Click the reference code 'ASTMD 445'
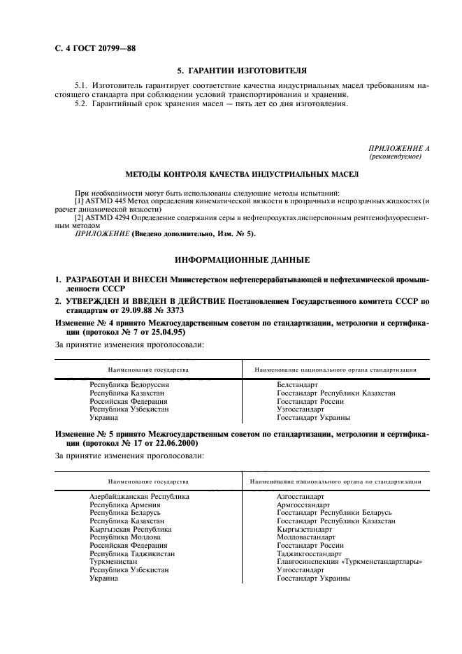pyautogui.click(x=102, y=201)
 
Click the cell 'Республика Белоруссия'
pyautogui.click(x=129, y=385)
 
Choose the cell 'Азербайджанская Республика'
pyautogui.click(x=140, y=497)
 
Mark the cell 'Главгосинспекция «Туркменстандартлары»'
pyautogui.click(x=350, y=562)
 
